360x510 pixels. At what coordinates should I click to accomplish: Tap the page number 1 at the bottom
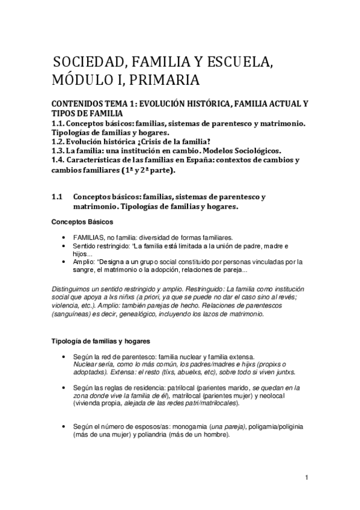point(307,478)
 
